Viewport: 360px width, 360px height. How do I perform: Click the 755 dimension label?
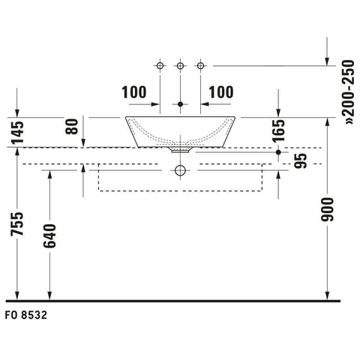[17, 223]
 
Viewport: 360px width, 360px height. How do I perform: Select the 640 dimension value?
[49, 236]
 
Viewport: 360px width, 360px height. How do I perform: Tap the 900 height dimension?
[327, 209]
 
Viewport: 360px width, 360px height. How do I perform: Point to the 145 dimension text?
[17, 132]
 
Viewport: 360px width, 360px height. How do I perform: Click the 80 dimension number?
[72, 127]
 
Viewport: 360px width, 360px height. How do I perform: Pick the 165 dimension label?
[279, 131]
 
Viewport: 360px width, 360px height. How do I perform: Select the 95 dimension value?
[300, 160]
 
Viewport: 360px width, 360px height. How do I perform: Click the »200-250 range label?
[349, 92]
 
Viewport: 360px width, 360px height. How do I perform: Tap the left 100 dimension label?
[134, 92]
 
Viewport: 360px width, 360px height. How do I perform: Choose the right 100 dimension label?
[221, 92]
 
